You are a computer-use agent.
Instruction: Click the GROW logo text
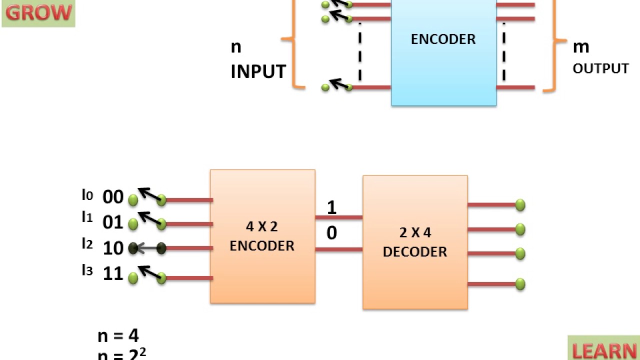point(38,12)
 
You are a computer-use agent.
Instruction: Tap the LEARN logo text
point(604,350)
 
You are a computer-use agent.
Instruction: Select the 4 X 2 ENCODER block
point(262,236)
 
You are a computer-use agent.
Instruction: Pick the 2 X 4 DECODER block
point(415,242)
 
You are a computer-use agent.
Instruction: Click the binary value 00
point(113,197)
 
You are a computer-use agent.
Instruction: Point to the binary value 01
point(113,222)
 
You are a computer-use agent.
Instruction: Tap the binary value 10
point(113,248)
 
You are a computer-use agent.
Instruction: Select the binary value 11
point(113,273)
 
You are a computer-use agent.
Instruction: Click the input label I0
point(87,194)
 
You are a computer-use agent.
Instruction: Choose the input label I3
point(87,270)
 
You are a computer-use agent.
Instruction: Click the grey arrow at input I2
point(147,248)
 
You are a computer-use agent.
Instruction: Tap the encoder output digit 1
point(331,207)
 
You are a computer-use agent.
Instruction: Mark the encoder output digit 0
point(331,233)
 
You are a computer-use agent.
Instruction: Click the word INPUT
point(258,71)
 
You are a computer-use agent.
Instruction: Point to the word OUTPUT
point(600,68)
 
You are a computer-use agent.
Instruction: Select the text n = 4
point(118,335)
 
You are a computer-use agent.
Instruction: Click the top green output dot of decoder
point(520,205)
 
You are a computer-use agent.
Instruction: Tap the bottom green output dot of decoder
point(520,284)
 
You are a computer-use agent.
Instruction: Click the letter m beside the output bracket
point(581,47)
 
